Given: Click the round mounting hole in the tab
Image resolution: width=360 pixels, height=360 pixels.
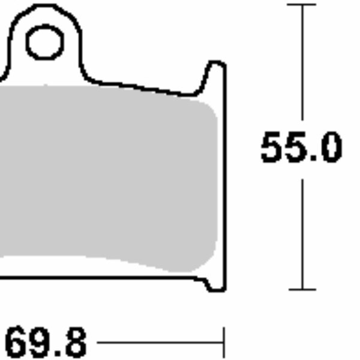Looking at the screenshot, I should (45, 43).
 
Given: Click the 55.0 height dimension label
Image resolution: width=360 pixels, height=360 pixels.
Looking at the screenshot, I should (301, 148).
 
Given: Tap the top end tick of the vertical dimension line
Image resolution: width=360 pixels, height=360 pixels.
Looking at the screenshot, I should (301, 5).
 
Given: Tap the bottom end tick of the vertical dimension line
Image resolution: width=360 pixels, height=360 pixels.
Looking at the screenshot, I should (301, 289).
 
